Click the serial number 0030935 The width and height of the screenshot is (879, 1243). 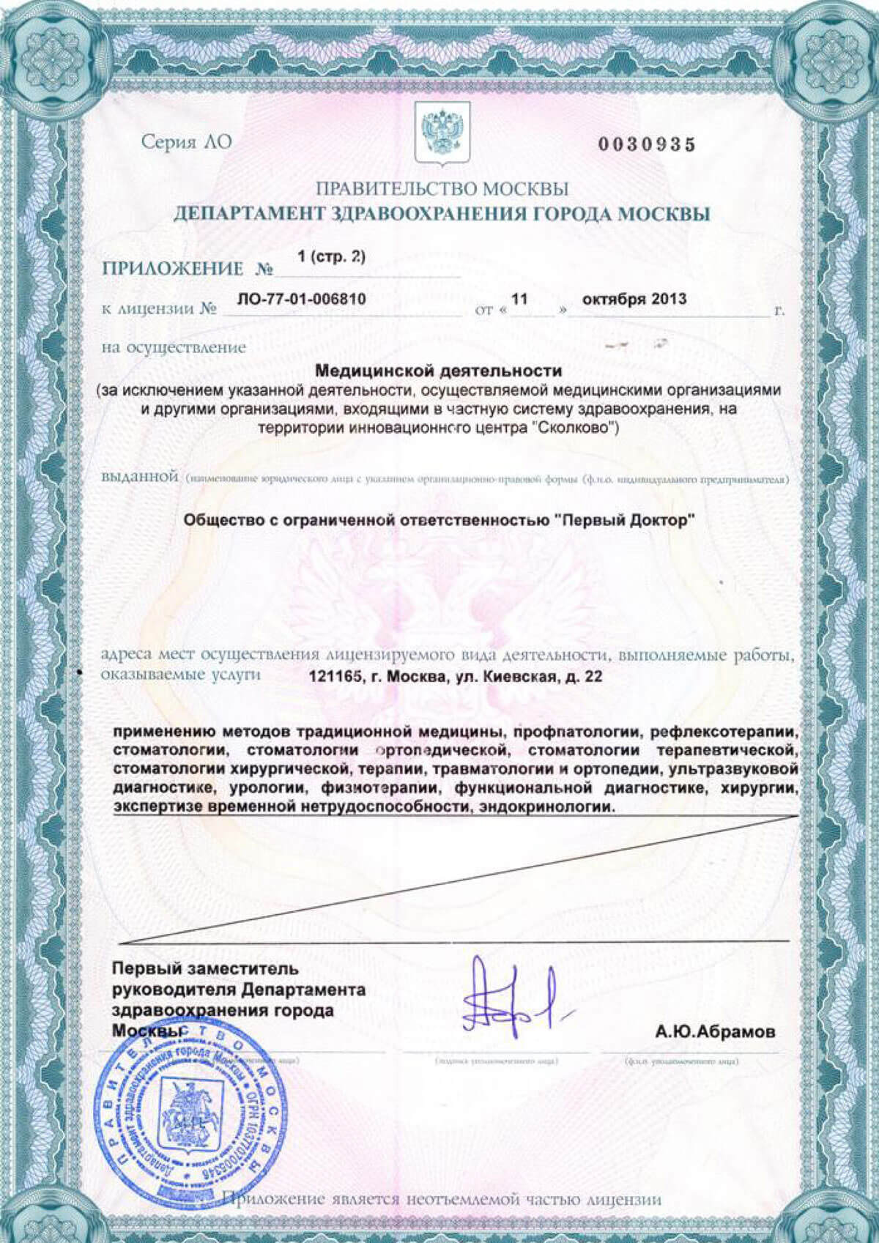point(647,145)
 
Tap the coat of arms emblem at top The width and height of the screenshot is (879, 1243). point(442,133)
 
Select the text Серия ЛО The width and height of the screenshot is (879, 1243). point(186,142)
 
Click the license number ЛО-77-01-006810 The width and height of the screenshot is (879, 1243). point(302,299)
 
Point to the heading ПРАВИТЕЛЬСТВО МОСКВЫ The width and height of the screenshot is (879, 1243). point(442,189)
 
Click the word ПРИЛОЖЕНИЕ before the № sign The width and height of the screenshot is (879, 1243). point(172,269)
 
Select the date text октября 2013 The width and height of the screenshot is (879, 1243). point(634,299)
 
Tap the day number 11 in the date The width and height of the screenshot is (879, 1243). point(519,299)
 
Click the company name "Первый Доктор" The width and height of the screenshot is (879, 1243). point(624,519)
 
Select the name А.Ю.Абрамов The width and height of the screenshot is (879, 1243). point(715,1032)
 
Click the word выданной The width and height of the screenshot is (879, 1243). point(140,478)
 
